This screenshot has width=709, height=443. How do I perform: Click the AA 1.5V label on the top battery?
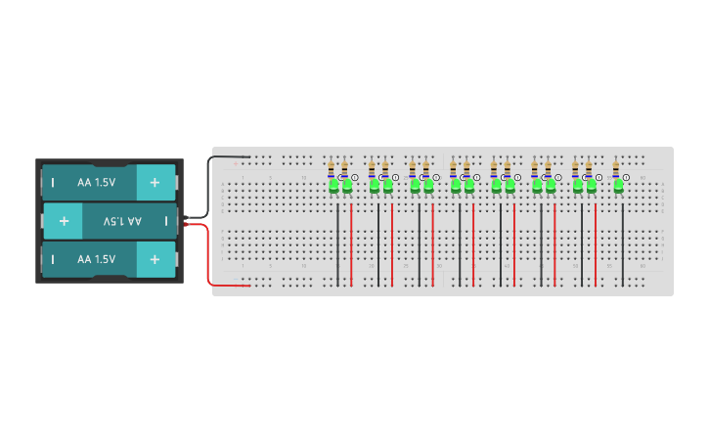coord(97,183)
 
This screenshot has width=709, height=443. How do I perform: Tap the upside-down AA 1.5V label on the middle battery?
coord(122,222)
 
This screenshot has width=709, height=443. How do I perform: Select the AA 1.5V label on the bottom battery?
coord(97,259)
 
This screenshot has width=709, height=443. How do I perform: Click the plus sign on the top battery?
coord(155,183)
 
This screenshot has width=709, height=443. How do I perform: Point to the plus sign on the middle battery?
coord(64,222)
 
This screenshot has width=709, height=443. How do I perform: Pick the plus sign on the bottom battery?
coord(155,259)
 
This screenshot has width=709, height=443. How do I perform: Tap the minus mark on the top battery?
coord(53,183)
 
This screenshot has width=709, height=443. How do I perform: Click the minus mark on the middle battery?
coord(166,222)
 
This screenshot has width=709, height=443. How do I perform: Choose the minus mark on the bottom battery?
coord(53,259)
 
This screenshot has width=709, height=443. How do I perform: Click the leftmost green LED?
coord(333,185)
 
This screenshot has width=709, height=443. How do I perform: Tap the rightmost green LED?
coord(618,185)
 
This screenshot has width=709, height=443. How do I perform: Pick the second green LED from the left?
coord(347,185)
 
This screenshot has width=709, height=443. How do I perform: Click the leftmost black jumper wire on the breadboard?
coord(338,244)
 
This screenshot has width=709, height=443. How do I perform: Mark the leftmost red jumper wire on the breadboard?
coord(352,244)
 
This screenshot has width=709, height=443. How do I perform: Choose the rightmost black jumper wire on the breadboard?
coord(623,244)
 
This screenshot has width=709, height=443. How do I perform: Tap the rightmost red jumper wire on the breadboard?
coord(596,244)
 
